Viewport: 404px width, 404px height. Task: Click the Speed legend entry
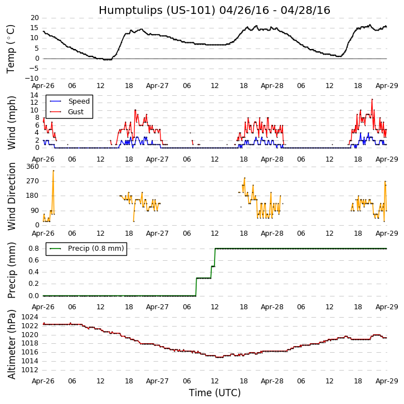pyautogui.click(x=79, y=101)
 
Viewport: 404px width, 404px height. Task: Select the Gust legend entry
pyautogui.click(x=76, y=111)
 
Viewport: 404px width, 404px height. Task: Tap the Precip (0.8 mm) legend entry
pyautogui.click(x=94, y=249)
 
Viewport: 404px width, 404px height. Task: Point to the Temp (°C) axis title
pyautogui.click(x=11, y=48)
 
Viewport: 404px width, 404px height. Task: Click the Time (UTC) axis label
pyautogui.click(x=215, y=393)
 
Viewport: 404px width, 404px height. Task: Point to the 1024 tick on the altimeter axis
pyautogui.click(x=31, y=317)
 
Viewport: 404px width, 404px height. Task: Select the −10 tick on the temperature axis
pyautogui.click(x=31, y=79)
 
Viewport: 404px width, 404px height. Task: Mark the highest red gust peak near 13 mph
pyautogui.click(x=372, y=99)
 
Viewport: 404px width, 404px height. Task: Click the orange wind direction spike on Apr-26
pyautogui.click(x=53, y=171)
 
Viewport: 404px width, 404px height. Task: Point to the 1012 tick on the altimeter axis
pyautogui.click(x=31, y=370)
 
